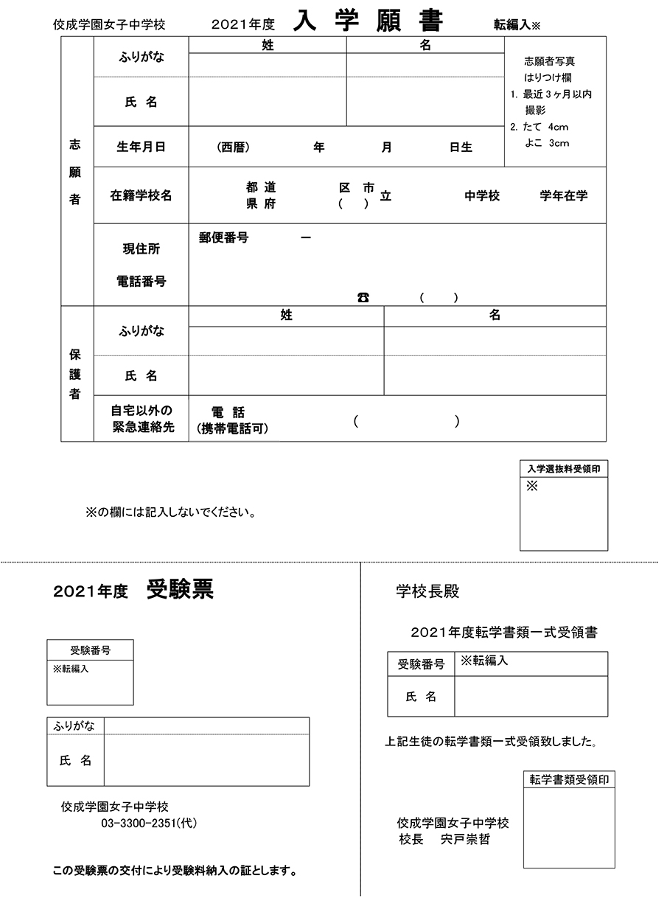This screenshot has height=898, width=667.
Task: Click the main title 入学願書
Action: (368, 21)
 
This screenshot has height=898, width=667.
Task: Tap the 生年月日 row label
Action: (141, 147)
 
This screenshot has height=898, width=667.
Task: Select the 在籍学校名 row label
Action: (141, 195)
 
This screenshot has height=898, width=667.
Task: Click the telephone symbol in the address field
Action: (363, 297)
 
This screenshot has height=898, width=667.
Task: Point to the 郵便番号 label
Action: (223, 238)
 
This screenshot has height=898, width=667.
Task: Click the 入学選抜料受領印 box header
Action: (564, 468)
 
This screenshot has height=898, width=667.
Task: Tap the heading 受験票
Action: (181, 590)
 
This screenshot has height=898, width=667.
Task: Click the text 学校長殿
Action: (428, 591)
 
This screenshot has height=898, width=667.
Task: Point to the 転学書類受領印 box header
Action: (569, 780)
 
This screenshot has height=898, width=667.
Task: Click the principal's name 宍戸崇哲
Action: (465, 839)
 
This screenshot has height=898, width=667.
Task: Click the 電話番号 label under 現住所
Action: (141, 281)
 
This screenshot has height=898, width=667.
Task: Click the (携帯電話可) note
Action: (232, 428)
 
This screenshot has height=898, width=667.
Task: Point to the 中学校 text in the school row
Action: (482, 196)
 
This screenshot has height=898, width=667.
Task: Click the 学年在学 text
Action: (564, 196)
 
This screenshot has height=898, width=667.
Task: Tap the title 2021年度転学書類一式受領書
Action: (504, 632)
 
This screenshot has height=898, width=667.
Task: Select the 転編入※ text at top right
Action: (517, 24)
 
